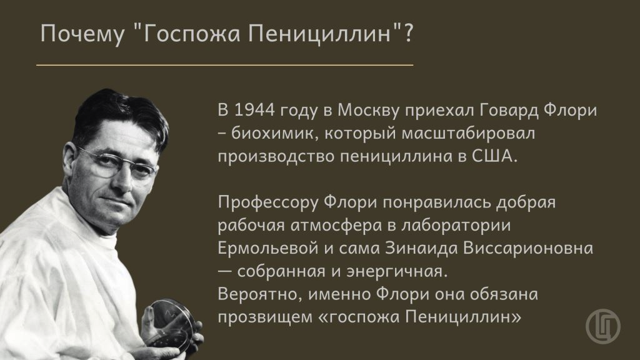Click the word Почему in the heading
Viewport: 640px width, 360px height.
pyautogui.click(x=82, y=34)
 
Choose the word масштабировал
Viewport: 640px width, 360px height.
pyautogui.click(x=468, y=134)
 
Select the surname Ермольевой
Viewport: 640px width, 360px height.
pyautogui.click(x=267, y=249)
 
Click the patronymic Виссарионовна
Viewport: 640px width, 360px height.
pyautogui.click(x=527, y=249)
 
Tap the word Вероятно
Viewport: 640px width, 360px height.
pyautogui.click(x=260, y=294)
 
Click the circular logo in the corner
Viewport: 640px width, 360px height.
pyautogui.click(x=603, y=326)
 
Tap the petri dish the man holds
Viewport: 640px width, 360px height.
pyautogui.click(x=171, y=324)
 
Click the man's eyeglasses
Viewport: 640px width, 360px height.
pyautogui.click(x=116, y=164)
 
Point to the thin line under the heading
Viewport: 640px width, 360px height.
pyautogui.click(x=225, y=65)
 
